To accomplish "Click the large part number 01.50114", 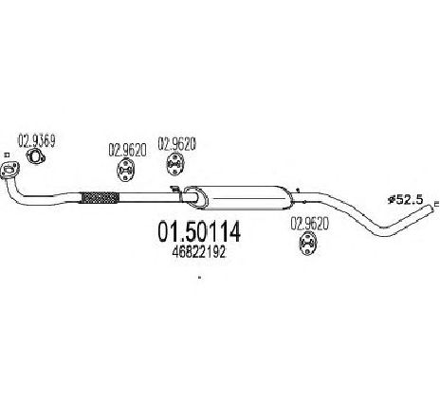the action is tap(199, 231).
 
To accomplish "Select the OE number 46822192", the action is tap(199, 252).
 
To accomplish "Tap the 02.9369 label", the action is tap(37, 141).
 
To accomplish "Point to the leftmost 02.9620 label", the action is tap(127, 150).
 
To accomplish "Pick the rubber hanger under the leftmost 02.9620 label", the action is tap(125, 171).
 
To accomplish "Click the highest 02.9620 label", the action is tap(177, 143).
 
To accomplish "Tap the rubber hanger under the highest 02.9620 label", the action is tap(175, 164).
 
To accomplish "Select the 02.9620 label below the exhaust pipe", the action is tap(310, 224).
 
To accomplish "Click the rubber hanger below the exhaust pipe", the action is tap(307, 244).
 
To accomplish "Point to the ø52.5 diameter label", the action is tap(405, 200).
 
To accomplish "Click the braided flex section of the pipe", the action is tap(101, 198).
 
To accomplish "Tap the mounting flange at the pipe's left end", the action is tap(9, 171).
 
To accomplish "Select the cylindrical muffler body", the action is tap(244, 198).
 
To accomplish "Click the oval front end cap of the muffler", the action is tap(196, 198).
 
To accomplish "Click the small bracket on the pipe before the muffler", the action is tap(174, 190).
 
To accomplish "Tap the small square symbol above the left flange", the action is tap(7, 154).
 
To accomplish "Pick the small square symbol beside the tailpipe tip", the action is tap(437, 204).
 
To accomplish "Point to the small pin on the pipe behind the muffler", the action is tap(298, 191).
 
